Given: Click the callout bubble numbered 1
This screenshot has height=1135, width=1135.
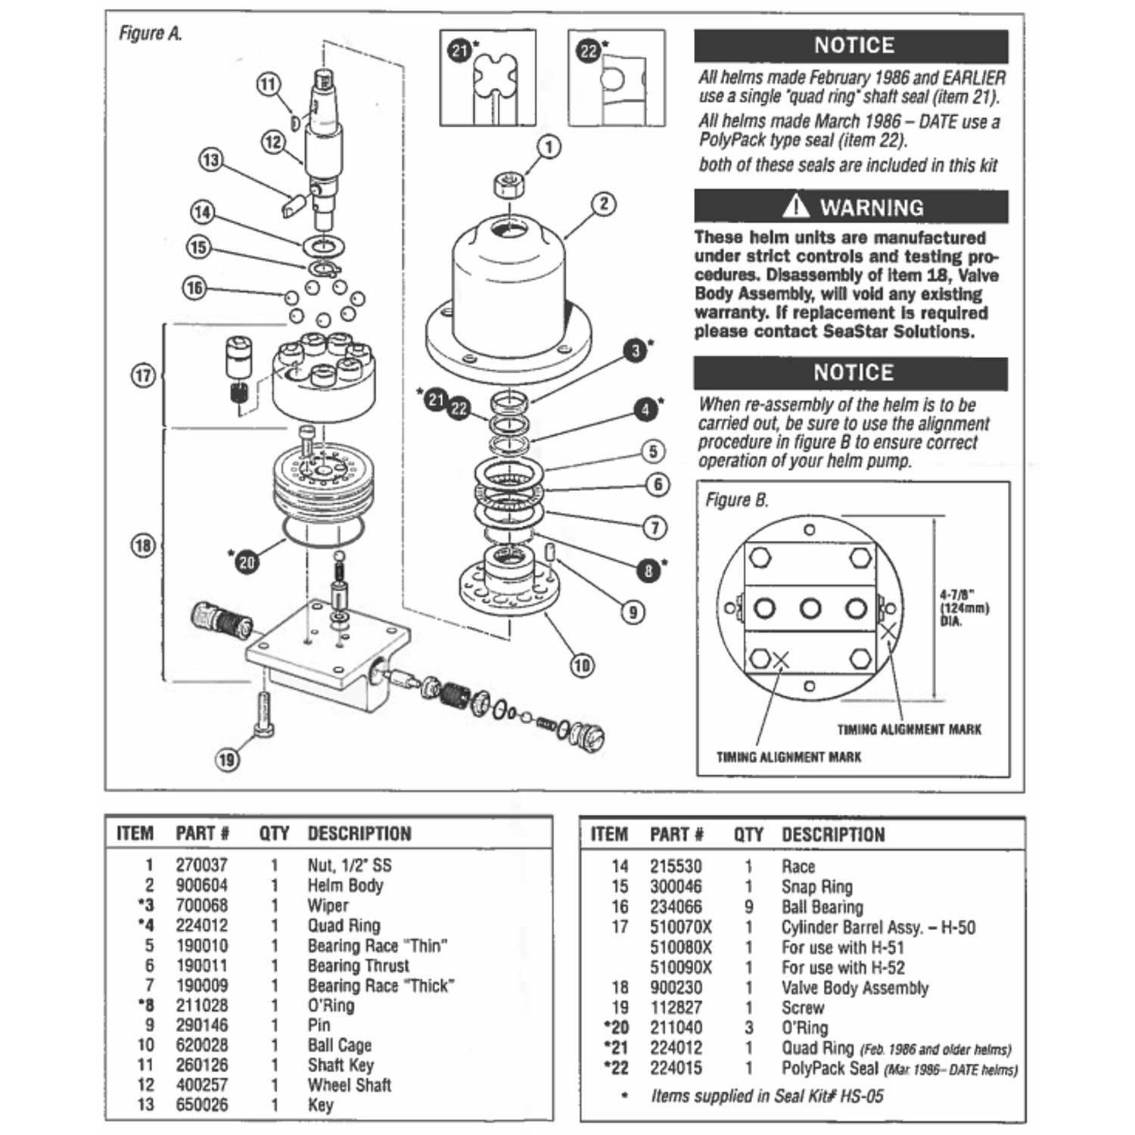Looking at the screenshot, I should [549, 147].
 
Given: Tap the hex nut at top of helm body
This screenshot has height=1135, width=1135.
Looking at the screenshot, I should [505, 185].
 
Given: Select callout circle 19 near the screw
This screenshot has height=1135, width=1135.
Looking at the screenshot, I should [228, 759].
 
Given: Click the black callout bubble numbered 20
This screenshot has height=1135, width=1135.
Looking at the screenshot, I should [247, 561].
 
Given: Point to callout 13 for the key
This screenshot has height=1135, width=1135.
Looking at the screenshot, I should [210, 160].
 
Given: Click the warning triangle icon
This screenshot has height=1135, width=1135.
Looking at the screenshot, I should [795, 205].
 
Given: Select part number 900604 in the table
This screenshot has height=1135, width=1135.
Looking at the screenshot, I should [201, 885].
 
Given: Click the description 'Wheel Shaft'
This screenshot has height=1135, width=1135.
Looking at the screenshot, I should [349, 1085].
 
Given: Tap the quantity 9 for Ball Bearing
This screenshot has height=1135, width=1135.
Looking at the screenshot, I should [748, 906].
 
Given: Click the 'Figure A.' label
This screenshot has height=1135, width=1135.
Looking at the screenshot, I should [151, 34].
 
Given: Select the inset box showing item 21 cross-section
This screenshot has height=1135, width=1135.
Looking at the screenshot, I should [488, 78].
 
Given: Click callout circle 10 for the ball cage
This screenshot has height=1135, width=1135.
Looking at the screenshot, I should [581, 666].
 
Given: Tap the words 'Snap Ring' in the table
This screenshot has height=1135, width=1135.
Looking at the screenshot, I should [816, 887].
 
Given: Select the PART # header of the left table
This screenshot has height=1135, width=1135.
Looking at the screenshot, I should [202, 834].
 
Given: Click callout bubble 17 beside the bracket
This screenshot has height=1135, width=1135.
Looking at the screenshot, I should [143, 375].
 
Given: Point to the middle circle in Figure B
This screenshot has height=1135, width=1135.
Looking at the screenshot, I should [810, 608].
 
